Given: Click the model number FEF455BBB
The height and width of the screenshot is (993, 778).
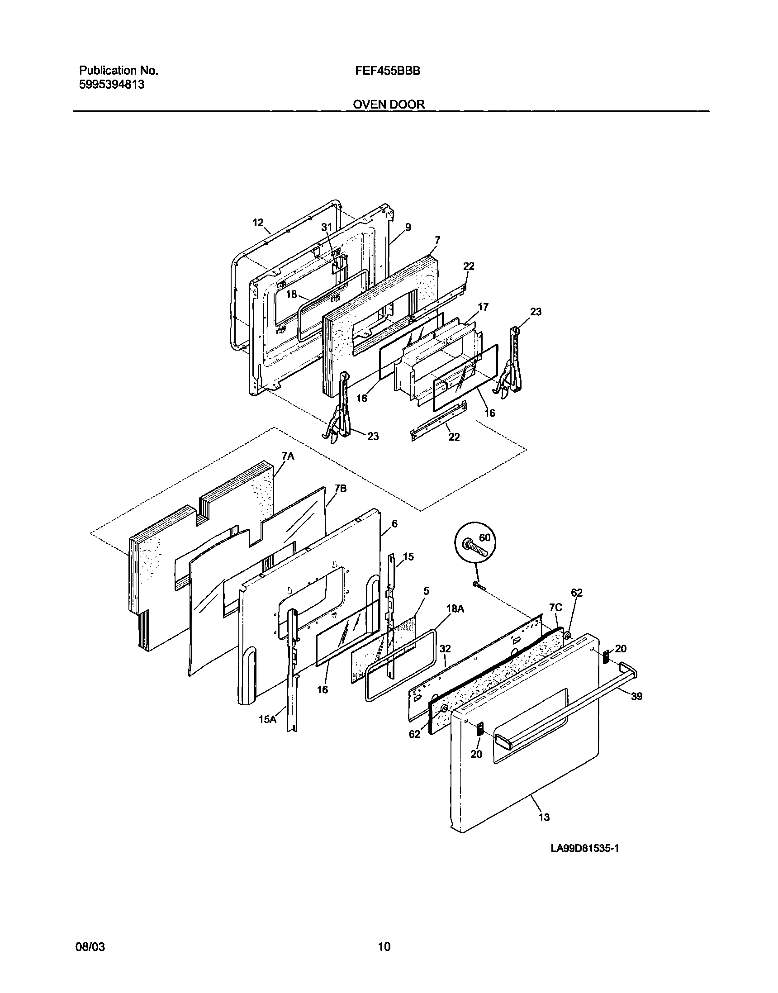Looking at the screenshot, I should pos(388,71).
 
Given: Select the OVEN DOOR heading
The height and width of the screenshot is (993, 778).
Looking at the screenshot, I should pos(389,105).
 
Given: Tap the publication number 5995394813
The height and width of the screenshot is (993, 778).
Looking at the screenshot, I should pos(112,84).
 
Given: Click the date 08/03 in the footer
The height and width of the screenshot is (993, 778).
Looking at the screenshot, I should pos(90,947).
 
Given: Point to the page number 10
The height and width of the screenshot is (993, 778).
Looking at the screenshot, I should pos(384,947).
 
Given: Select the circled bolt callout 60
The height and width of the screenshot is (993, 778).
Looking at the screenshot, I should pos(484,538).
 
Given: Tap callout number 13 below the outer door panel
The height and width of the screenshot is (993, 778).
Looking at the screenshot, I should pos(544,817).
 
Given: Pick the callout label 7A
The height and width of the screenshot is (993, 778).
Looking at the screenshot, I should pos(288,456).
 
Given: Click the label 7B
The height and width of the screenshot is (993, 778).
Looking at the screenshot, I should pos(340,488).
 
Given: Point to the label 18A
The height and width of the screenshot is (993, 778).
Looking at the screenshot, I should pos(455,608).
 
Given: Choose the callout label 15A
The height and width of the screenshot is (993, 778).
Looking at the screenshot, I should pos(267,719).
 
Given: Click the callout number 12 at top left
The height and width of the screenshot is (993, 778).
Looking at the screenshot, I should pos(258,222).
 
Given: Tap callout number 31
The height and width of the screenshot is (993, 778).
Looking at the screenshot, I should pos(327,227).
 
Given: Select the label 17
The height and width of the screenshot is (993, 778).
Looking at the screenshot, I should pos(483,307).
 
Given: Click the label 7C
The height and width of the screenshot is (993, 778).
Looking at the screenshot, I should pos(555,608).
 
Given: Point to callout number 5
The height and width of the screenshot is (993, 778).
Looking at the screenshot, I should pos(426,591).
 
